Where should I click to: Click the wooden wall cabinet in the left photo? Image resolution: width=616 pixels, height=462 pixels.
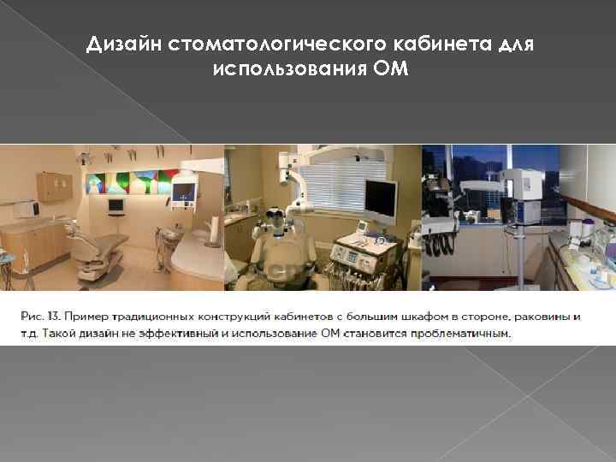[53, 186]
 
